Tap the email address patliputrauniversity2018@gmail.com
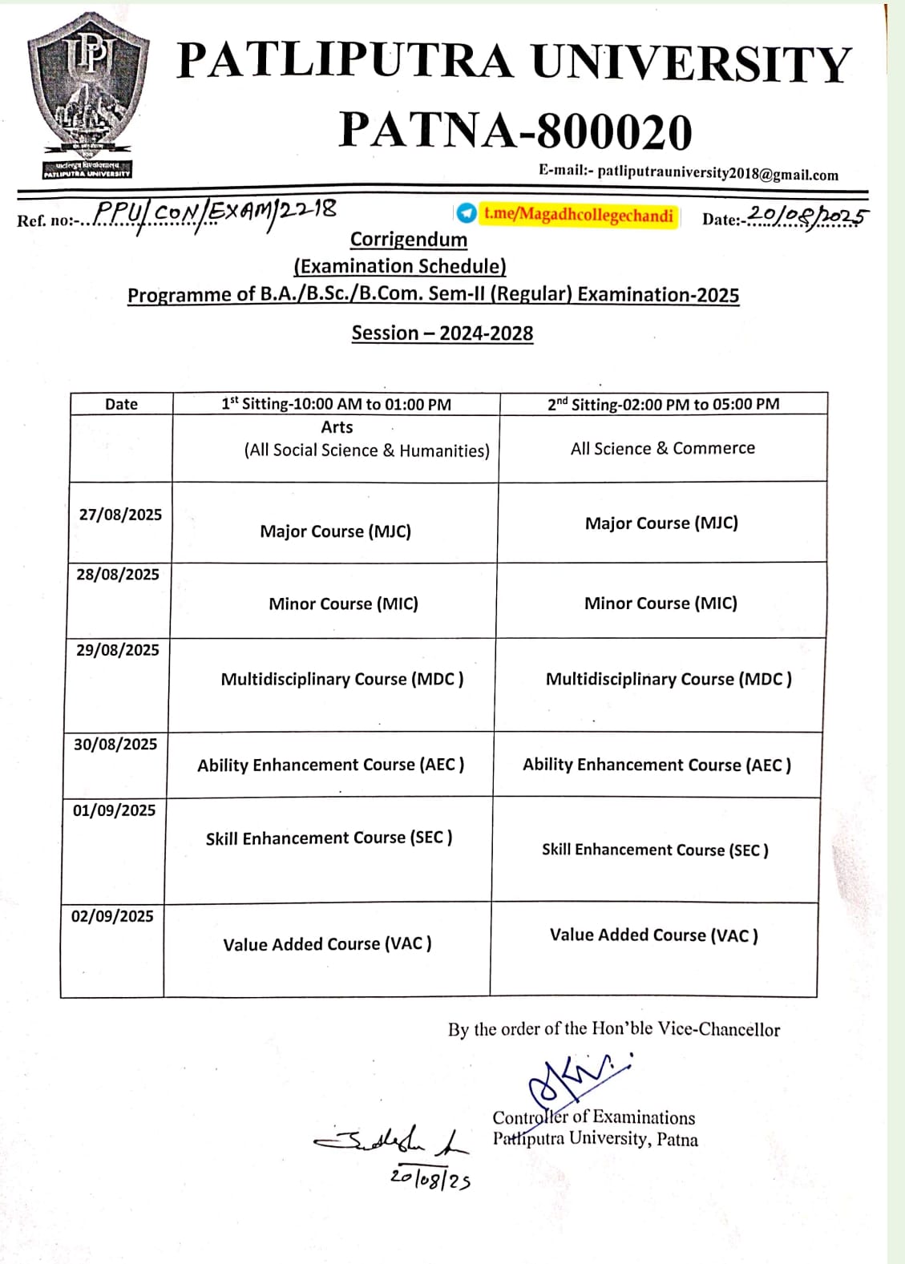(x=717, y=173)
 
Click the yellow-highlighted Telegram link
(x=578, y=215)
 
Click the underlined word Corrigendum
(x=409, y=240)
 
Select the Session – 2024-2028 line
(x=442, y=333)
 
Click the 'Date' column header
(x=121, y=404)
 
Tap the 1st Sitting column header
(x=337, y=404)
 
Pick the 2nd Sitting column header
(x=663, y=404)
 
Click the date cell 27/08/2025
(x=120, y=515)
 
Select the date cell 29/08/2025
(x=118, y=650)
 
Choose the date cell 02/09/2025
(x=112, y=916)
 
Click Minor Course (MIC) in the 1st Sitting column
(x=343, y=604)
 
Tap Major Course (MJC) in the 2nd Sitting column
(x=661, y=523)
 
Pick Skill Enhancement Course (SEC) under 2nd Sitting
(x=655, y=850)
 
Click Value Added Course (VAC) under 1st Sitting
(x=327, y=944)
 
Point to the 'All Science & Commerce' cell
(x=663, y=448)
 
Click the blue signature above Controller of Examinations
(x=573, y=1082)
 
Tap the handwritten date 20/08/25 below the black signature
(x=430, y=1178)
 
